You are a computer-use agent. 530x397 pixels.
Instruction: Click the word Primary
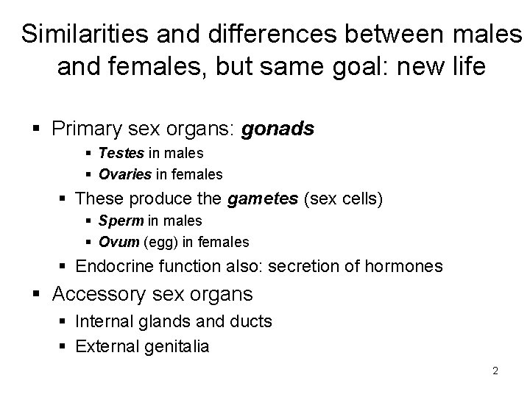coord(82,129)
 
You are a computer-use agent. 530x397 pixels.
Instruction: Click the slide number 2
coord(495,371)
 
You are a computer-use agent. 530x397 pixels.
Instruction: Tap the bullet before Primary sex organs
coord(40,130)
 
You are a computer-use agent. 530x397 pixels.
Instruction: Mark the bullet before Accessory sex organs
coord(40,296)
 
